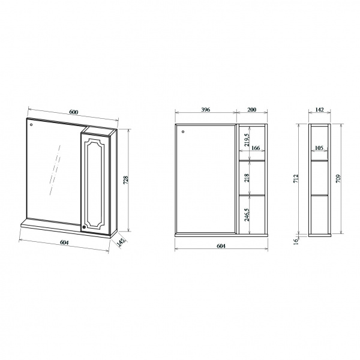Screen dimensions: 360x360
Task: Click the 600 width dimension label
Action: [73, 112]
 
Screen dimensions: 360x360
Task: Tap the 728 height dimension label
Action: [126, 180]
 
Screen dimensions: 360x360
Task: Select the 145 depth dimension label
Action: [122, 242]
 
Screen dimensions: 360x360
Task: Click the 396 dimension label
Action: [205, 110]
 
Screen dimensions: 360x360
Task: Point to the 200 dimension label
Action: [251, 110]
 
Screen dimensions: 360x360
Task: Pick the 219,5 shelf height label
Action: [247, 140]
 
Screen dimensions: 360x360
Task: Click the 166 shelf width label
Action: [256, 148]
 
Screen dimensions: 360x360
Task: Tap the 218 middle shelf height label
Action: [247, 178]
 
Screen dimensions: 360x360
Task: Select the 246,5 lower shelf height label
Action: [247, 215]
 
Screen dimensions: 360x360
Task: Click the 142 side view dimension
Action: [319, 110]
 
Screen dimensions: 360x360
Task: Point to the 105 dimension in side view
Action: [319, 148]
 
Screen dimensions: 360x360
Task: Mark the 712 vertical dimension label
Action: [296, 178]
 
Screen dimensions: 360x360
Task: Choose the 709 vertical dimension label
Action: [338, 178]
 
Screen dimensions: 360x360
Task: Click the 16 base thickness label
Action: [296, 242]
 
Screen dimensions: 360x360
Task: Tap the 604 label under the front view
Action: [221, 246]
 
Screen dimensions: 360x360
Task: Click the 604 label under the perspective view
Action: [64, 242]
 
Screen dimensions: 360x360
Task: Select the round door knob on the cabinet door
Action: [84, 227]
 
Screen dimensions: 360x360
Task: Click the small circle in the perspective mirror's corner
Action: [31, 125]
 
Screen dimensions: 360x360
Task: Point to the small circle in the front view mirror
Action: [183, 131]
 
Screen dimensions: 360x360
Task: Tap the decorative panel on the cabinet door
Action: [95, 183]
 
